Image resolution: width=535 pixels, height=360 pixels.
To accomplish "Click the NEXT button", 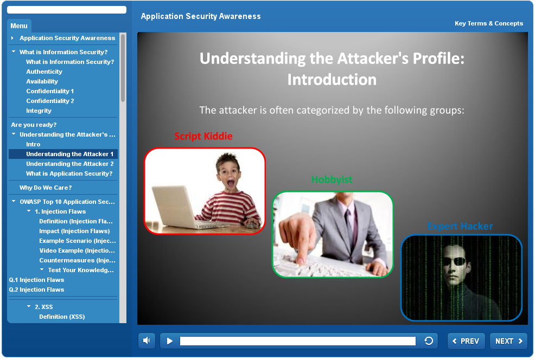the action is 508,341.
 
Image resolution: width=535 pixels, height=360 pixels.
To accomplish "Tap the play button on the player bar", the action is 170,341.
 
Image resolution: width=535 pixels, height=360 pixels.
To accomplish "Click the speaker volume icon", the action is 147,341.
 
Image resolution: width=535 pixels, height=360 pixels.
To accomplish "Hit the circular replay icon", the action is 429,341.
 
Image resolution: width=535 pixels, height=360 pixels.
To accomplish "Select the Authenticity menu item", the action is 44,72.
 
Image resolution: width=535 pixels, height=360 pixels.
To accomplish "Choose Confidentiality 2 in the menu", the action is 50,101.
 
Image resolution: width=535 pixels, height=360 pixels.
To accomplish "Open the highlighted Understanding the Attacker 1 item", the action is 69,154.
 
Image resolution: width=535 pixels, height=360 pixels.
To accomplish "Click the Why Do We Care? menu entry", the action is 46,188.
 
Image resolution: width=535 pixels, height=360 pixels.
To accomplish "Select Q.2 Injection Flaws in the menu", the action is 36,290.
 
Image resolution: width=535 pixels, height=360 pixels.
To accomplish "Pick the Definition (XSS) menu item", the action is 62,317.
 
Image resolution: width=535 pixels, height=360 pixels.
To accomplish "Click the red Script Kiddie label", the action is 203,136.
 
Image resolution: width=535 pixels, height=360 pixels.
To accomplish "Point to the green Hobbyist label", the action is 332,179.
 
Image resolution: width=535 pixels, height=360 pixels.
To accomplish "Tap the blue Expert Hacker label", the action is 460,226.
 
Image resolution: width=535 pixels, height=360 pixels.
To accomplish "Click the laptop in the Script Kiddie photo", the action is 181,208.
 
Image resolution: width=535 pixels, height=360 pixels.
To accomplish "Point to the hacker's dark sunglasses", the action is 455,261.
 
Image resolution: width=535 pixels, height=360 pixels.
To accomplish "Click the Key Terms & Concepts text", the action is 488,23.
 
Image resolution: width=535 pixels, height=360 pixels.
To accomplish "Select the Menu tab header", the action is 19,25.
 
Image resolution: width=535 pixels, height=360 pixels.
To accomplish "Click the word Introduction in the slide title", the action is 332,80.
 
